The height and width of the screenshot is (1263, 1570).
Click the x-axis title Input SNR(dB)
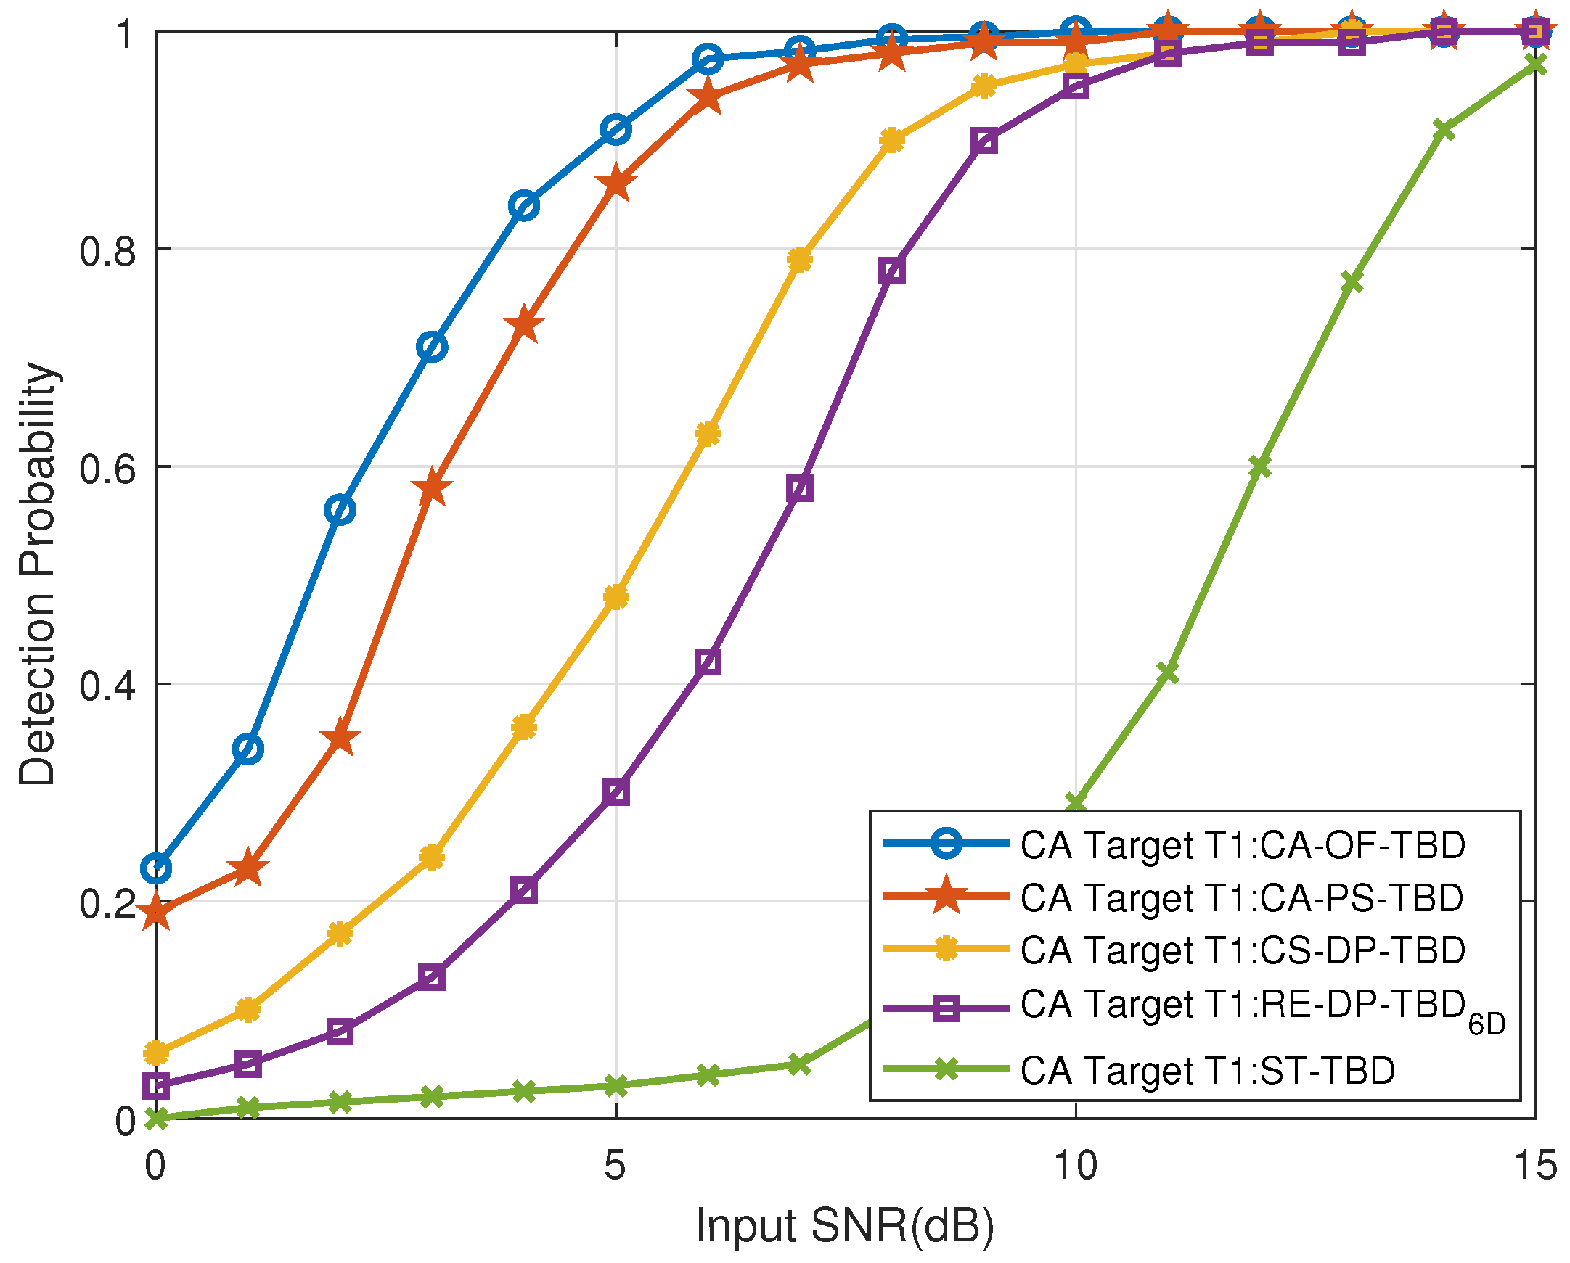click(845, 1225)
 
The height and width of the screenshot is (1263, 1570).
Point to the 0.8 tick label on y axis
click(107, 251)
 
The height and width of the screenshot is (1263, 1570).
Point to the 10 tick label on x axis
click(1076, 1165)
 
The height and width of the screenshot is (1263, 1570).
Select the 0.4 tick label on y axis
click(107, 686)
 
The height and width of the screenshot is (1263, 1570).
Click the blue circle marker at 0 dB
click(156, 868)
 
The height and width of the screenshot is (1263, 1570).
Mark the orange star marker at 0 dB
click(156, 913)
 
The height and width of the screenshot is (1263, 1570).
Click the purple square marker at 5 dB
click(616, 792)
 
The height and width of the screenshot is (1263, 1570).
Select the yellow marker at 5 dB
click(616, 598)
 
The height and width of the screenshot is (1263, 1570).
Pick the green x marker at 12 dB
click(1260, 467)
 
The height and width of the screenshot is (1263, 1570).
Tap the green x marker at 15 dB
click(1536, 65)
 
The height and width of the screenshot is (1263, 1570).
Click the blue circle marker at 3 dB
click(432, 347)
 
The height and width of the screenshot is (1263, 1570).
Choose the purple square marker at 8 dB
click(892, 271)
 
